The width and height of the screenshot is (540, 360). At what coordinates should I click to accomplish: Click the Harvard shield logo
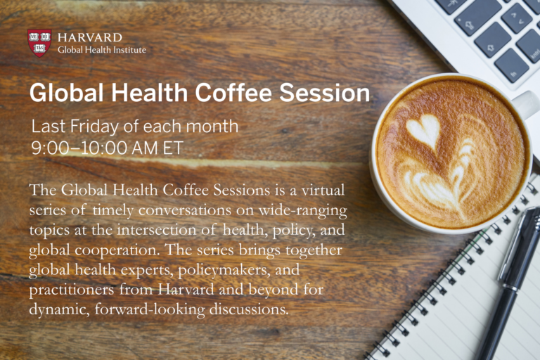39,41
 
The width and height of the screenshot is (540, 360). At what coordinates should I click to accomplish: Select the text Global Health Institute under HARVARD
101,50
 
